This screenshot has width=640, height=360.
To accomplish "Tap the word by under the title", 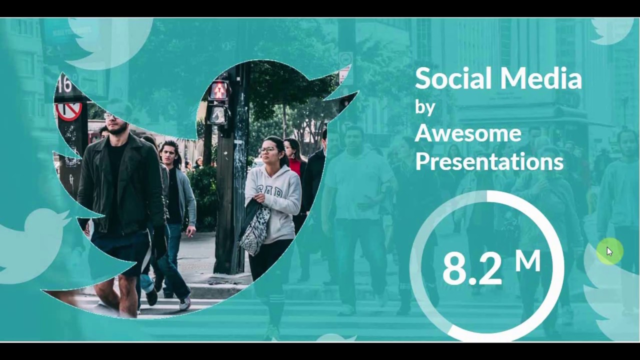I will (425, 107).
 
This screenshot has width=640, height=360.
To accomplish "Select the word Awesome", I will (468, 134).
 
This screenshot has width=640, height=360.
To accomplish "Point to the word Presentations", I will (489, 161).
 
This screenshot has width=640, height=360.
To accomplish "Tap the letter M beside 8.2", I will (528, 261).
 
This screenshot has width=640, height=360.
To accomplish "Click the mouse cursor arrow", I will (609, 251).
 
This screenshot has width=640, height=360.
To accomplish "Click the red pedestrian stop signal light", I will (218, 90).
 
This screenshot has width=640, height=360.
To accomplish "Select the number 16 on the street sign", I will (64, 85).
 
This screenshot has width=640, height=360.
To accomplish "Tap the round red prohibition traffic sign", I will (69, 111).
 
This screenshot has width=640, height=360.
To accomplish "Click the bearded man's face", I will (117, 122).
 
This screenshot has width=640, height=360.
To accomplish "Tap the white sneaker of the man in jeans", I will (184, 303).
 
